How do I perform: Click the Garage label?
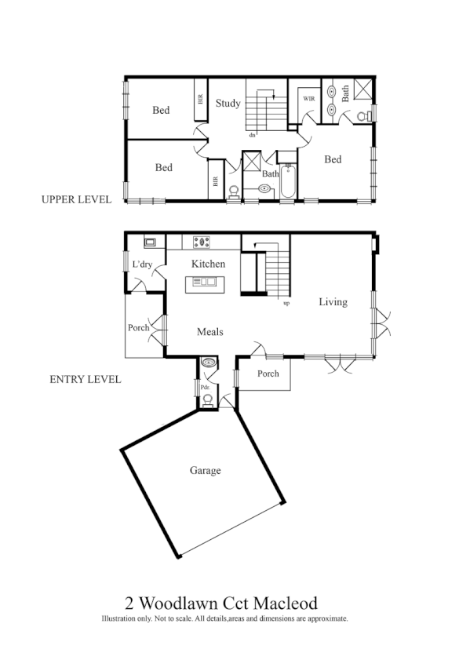coord(205,471)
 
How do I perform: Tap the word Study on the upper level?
coord(228,103)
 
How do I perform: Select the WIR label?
coord(308,100)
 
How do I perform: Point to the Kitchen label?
coord(208,264)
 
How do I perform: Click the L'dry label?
coord(142,265)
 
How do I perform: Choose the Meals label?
coord(209,332)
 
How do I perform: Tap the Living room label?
coord(333,301)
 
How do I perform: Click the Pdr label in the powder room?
coord(204,387)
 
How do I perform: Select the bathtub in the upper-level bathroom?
coord(286,182)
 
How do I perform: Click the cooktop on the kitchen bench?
coord(203,242)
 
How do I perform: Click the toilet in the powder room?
coord(207,400)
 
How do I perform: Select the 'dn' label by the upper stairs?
coord(252,135)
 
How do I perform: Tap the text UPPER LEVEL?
coord(76,199)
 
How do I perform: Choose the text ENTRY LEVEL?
coord(85,380)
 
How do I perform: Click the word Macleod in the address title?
coord(284,603)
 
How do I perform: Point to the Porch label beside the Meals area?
coord(138,328)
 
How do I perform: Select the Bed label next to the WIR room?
coord(333,159)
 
